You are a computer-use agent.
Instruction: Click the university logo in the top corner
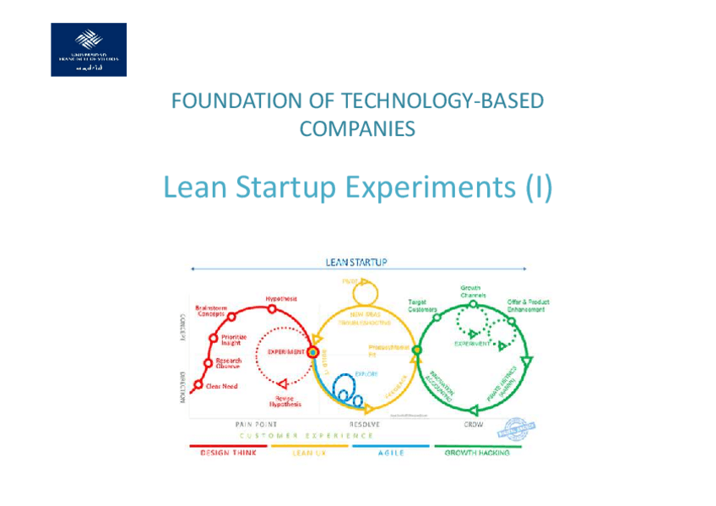89,50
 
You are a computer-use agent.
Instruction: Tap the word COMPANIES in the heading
357,129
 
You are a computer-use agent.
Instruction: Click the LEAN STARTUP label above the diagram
356,262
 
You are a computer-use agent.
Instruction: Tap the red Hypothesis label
281,299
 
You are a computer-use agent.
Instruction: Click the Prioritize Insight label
234,339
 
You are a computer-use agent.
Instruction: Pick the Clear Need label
222,386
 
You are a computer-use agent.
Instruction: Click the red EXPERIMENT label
285,351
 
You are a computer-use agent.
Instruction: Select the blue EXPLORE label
366,373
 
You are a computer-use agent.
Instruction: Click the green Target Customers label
422,305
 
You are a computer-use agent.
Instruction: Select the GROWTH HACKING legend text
477,453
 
